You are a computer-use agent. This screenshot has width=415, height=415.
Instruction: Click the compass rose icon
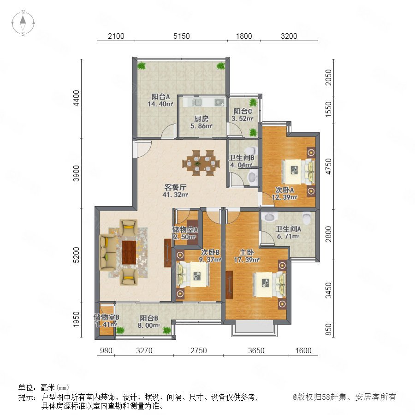pyautogui.click(x=23, y=23)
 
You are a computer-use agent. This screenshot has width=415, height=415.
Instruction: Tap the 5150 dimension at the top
pyautogui.click(x=182, y=36)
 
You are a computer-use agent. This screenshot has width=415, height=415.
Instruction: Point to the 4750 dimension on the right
pyautogui.click(x=328, y=166)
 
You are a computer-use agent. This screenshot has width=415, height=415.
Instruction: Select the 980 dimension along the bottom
pyautogui.click(x=106, y=350)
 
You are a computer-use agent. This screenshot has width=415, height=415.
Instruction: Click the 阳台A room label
pyautogui.click(x=160, y=97)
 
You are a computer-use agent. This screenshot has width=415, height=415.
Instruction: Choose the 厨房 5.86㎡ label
pyautogui.click(x=201, y=122)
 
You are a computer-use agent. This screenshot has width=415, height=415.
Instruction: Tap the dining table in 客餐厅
pyautogui.click(x=201, y=163)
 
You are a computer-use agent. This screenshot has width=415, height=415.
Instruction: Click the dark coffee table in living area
pyautogui.click(x=129, y=252)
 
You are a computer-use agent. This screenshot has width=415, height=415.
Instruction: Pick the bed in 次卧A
pyautogui.click(x=298, y=171)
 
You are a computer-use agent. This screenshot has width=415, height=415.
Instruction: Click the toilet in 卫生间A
pyautogui.click(x=307, y=218)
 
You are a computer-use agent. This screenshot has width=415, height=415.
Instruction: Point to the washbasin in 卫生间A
pyautogui.click(x=269, y=217)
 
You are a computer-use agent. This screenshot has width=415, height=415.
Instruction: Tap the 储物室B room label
pyautogui.click(x=107, y=317)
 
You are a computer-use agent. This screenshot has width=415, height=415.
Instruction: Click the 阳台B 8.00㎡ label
pyautogui.click(x=149, y=321)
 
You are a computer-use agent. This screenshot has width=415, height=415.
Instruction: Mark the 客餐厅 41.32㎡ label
pyautogui.click(x=175, y=191)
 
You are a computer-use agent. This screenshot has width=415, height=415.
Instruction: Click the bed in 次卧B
pyautogui.click(x=193, y=274)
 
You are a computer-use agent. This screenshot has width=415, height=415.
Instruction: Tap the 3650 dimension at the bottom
pyautogui.click(x=256, y=350)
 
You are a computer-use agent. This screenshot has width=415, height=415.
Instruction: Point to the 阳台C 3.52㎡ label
pyautogui.click(x=243, y=115)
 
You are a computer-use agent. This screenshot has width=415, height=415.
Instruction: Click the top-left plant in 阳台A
pyautogui.click(x=142, y=65)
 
